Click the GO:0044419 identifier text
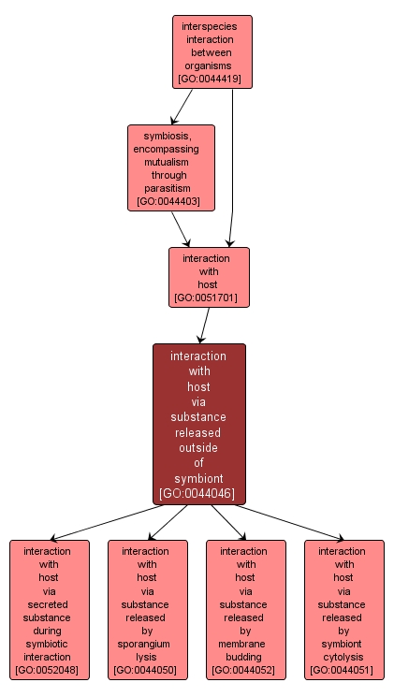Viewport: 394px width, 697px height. (x=210, y=80)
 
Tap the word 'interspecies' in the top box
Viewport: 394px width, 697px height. (x=210, y=27)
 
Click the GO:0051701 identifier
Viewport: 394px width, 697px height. (x=206, y=298)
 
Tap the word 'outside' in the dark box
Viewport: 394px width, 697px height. (x=197, y=447)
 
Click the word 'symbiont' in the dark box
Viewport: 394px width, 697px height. (x=198, y=478)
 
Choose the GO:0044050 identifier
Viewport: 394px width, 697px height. (x=145, y=670)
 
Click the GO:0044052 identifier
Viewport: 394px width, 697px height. (x=243, y=670)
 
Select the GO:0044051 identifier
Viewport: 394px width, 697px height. (x=342, y=670)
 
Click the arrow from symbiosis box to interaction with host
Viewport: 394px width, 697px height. (x=181, y=229)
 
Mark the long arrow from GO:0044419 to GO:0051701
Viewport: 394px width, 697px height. (x=231, y=168)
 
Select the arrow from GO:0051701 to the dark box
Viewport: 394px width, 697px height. (x=205, y=326)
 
